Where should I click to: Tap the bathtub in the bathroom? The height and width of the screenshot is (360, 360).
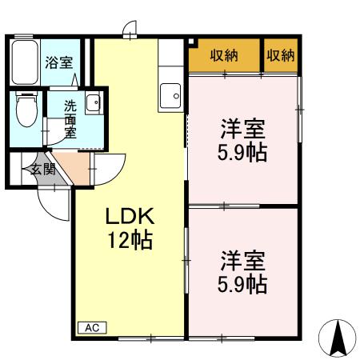pyautogui.click(x=25, y=62)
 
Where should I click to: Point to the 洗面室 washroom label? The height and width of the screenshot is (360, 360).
pyautogui.click(x=70, y=119)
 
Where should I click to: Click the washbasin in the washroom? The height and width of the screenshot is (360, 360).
pyautogui.click(x=93, y=103)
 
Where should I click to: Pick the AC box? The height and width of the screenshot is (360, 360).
pyautogui.click(x=91, y=327)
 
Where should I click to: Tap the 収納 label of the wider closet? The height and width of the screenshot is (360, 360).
pyautogui.click(x=225, y=55)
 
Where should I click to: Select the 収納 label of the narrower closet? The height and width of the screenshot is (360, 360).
pyautogui.click(x=280, y=55)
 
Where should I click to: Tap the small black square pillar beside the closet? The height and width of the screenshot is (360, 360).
pyautogui.click(x=190, y=40)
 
